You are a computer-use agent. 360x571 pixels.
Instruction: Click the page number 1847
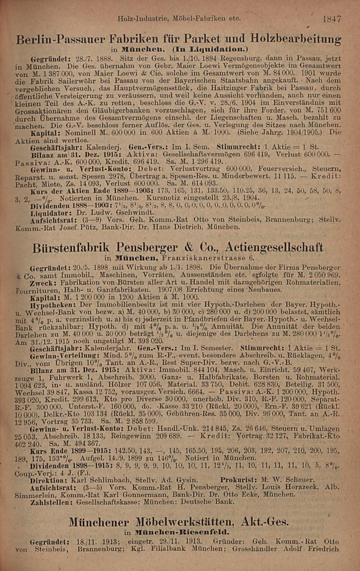[332, 19]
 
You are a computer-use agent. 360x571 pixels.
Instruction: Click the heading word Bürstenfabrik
[72, 248]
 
